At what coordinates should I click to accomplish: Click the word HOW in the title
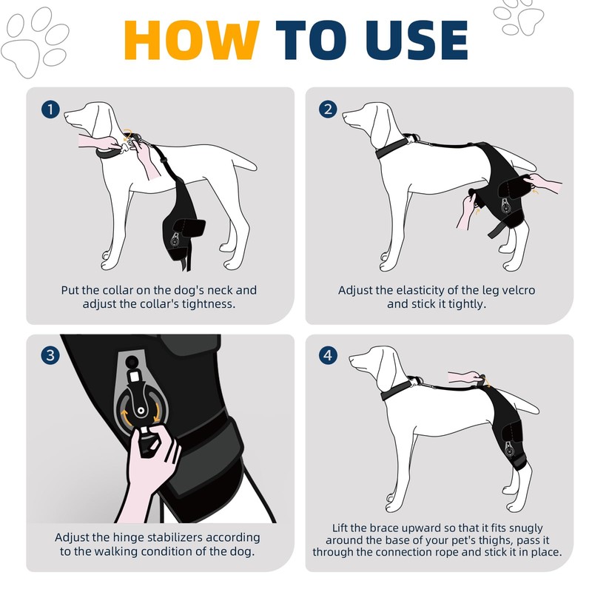(192, 40)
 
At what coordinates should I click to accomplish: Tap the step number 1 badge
(50, 110)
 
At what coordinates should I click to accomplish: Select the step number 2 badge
(328, 110)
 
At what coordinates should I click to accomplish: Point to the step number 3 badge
(50, 355)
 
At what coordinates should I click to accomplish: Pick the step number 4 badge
(328, 355)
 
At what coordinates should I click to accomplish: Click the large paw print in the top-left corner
(35, 42)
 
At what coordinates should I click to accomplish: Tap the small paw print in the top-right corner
(519, 18)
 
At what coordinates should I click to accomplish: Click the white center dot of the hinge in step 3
(141, 411)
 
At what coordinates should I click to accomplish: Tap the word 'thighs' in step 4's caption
(494, 540)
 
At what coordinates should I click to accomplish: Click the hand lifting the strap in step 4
(466, 377)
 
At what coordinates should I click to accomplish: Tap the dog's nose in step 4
(351, 357)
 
